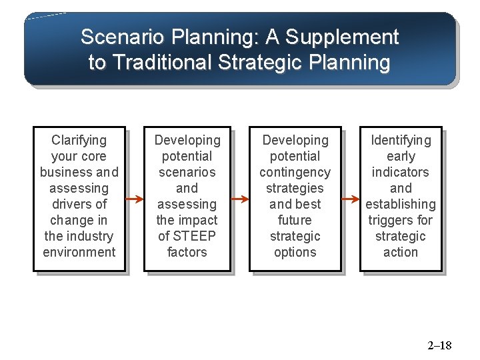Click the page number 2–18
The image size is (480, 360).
coord(439,345)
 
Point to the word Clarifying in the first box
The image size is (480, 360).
coord(79,140)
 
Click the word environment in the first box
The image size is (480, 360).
coord(79,252)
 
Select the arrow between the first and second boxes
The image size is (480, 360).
coord(135,199)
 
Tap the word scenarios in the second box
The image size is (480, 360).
coord(187,172)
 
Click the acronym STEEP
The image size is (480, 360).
coord(195,236)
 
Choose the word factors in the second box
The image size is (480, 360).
coord(187,252)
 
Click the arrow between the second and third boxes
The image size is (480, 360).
coord(240,199)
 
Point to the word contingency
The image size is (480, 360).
coord(295,172)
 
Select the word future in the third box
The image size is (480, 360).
coord(295,220)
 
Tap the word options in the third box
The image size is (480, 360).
coord(295,252)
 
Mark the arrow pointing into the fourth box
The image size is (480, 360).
coord(351,199)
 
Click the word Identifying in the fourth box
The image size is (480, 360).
coord(401,140)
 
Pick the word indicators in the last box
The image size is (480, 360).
coord(401,172)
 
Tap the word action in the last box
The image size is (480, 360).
coord(401,252)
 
